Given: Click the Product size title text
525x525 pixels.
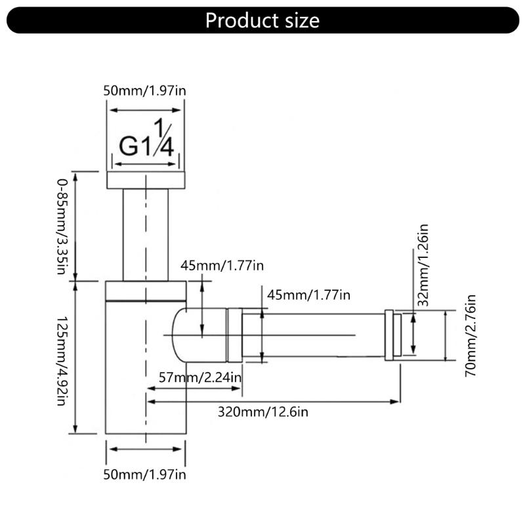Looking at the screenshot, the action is point(262,20).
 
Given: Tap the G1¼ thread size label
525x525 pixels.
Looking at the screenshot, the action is point(146,138).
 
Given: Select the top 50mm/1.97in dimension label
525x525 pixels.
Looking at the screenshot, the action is point(144,91).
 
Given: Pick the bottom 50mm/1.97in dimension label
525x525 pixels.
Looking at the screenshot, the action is point(144,474).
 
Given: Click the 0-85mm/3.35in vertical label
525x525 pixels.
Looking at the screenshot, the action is point(62,226).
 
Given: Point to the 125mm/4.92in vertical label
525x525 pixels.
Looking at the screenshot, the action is point(62,361).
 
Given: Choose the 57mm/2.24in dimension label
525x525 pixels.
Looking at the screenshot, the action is point(200,377).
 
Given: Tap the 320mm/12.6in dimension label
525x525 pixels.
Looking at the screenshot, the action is point(263,411).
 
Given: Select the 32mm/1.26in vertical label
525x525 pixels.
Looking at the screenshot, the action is point(423,265).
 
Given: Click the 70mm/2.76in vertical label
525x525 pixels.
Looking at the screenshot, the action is point(471,336).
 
